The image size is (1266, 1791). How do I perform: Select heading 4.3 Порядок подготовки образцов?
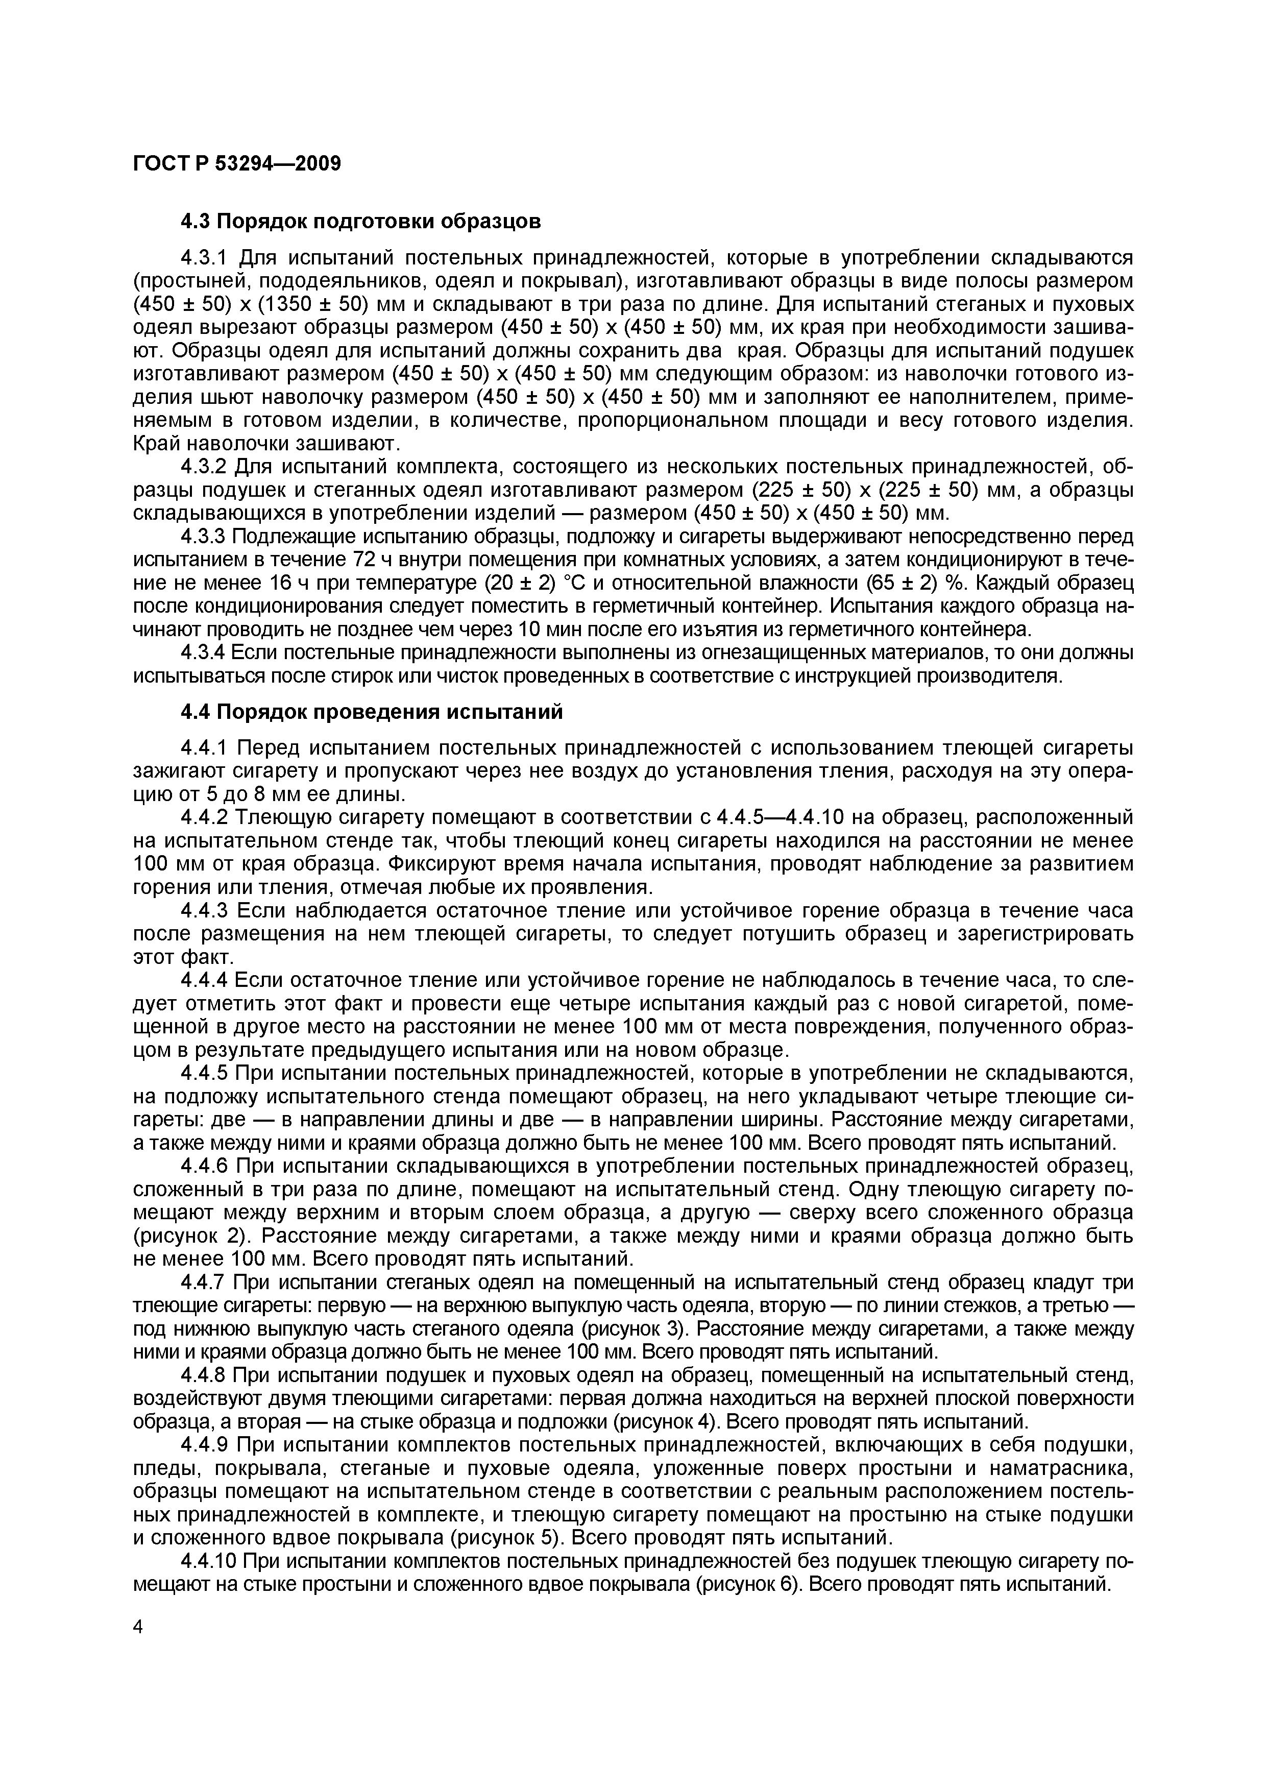[360, 222]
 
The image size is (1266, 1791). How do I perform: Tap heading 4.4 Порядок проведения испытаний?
[371, 712]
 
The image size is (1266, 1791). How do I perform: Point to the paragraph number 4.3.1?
[206, 257]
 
